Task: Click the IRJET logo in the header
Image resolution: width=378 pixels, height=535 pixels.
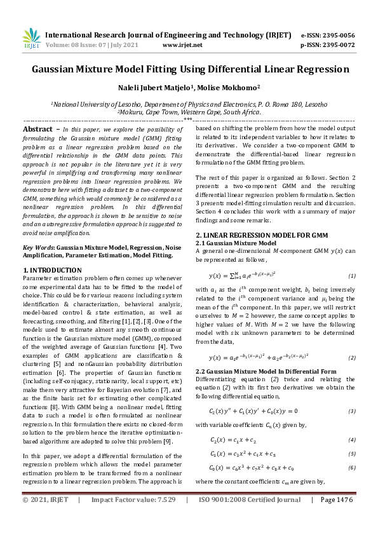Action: [31, 39]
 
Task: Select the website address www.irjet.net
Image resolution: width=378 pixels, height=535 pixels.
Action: [182, 45]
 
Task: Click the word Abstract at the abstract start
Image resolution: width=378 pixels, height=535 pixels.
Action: [37, 128]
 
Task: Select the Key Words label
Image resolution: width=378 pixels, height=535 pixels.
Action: [37, 247]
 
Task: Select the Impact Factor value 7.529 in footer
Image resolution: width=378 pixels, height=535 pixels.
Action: [162, 518]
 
